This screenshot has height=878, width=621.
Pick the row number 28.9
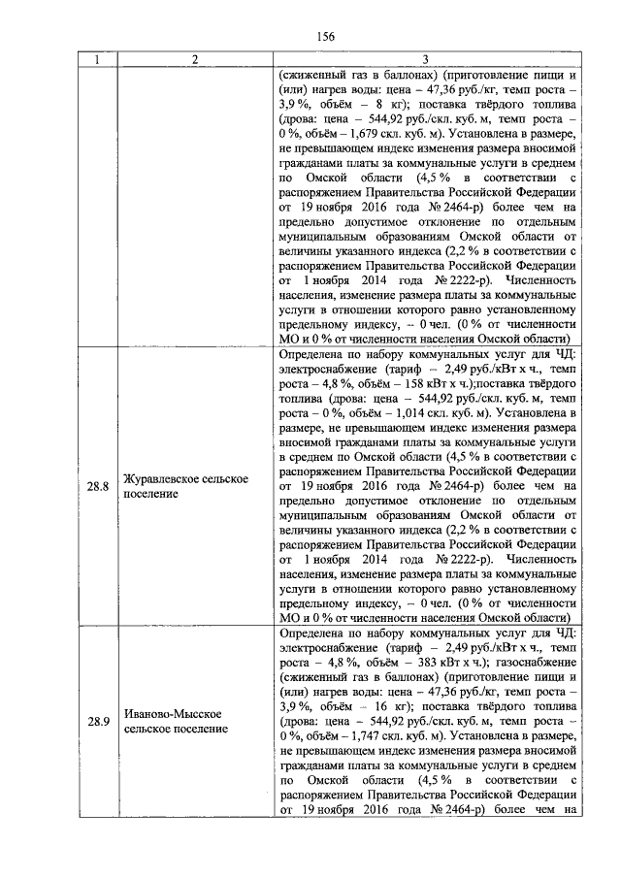click(95, 721)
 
